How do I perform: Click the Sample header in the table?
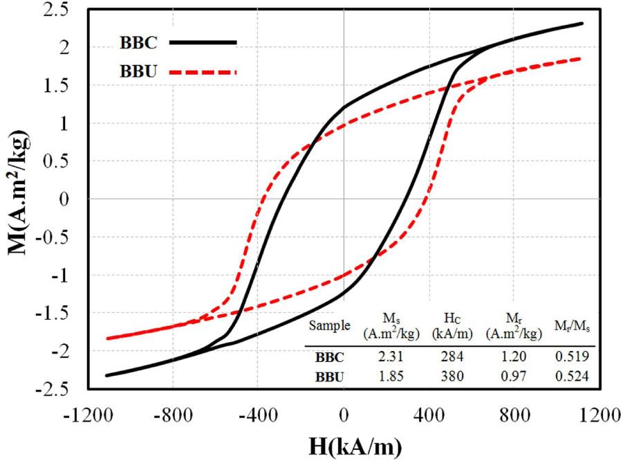(x=330, y=325)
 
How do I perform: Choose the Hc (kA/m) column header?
(x=452, y=325)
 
